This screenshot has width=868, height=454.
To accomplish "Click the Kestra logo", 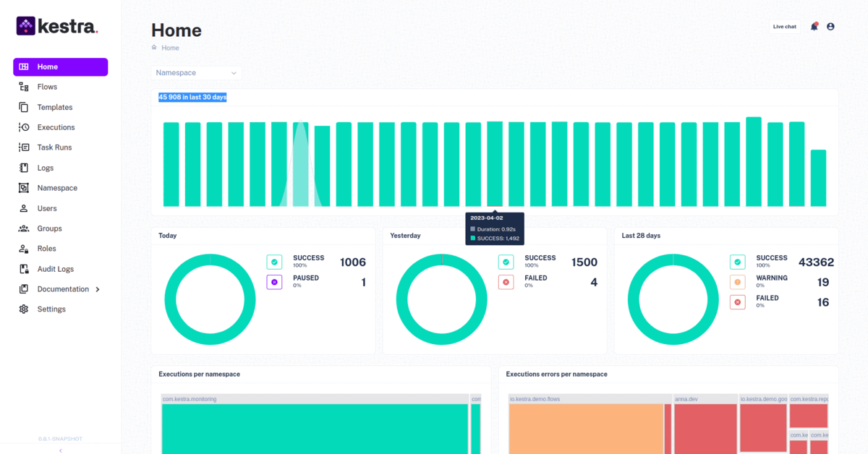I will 56,27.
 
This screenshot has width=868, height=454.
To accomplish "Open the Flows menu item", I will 47,87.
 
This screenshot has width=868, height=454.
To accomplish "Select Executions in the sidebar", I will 56,127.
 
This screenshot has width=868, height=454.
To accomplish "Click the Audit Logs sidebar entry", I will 55,269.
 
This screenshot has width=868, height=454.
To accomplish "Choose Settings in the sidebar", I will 51,309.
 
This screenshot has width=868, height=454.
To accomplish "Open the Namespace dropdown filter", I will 197,73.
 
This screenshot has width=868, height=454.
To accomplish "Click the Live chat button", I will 784,27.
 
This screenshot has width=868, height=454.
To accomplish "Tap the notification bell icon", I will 814,27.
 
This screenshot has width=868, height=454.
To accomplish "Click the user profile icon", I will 830,27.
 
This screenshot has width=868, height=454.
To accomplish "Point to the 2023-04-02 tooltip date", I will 486,218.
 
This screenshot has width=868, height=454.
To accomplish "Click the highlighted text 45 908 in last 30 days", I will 192,97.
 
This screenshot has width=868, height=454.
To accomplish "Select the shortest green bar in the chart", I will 818,178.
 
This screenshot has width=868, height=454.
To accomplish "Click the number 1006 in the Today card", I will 352,262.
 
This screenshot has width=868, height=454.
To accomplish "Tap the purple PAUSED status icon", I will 274,282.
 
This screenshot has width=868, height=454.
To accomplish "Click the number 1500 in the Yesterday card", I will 584,262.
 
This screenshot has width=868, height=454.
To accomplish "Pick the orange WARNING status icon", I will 738,283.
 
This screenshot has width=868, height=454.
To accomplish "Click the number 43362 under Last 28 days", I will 816,262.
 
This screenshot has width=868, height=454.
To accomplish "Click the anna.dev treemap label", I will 686,399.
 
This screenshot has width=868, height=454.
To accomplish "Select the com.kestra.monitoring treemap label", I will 190,399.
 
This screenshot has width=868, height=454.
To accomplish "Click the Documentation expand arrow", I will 98,289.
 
